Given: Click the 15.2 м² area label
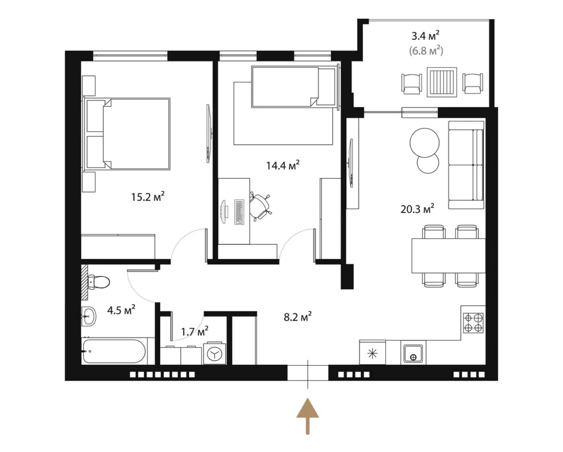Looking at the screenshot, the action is [x=148, y=197].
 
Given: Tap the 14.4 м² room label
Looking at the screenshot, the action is [x=283, y=165].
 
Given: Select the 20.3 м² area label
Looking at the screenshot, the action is [x=417, y=209].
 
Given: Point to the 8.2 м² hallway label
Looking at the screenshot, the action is [x=297, y=317].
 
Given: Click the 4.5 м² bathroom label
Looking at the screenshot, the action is [x=121, y=310].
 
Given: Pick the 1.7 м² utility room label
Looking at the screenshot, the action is [x=195, y=331].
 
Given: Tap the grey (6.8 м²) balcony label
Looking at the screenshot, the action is [x=426, y=51].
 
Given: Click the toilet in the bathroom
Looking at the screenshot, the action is [x=99, y=282].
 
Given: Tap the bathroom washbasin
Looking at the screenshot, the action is [x=89, y=316].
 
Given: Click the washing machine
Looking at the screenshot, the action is [x=215, y=353].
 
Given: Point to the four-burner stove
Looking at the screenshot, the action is [x=473, y=323].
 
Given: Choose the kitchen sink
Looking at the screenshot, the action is [x=413, y=354].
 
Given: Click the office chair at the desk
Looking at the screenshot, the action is [x=259, y=206].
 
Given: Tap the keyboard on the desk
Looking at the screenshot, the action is [x=239, y=212].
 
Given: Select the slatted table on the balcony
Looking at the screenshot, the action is [x=442, y=82].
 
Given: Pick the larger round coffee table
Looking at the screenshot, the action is [x=425, y=142].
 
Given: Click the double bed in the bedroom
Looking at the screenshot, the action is [x=126, y=134].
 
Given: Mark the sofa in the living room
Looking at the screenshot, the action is [x=466, y=165].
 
